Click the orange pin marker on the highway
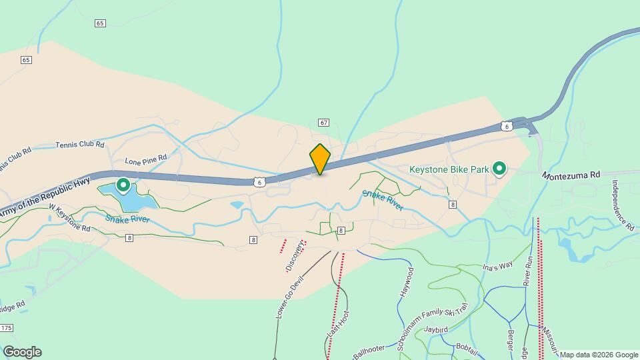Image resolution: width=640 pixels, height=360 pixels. point(320,159)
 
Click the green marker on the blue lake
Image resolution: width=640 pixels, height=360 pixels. point(123,184)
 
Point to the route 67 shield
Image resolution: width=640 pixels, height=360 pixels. point(324,123)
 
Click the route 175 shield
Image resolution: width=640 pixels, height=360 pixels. point(7,328)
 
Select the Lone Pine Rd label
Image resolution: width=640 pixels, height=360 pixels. point(145,161)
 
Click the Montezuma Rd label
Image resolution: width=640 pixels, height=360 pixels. point(571,175)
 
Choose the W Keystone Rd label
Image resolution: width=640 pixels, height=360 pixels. point(69,218)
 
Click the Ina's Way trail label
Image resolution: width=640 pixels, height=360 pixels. point(497,266)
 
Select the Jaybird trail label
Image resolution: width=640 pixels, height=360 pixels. point(435,329)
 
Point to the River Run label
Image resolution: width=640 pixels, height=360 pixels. point(527,271)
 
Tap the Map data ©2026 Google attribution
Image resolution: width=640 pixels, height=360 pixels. point(599,355)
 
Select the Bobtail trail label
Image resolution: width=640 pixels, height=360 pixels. point(468,347)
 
